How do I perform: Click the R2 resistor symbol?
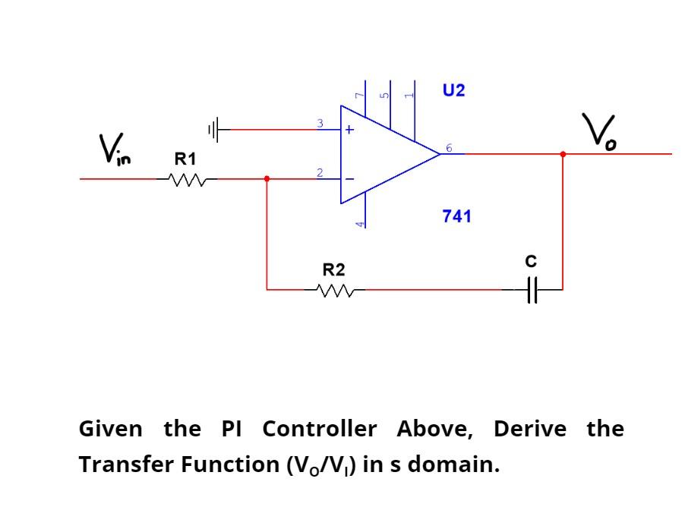coord(333,289)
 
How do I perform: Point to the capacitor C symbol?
coord(532,289)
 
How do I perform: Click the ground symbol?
coord(216,130)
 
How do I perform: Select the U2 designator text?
coord(453,91)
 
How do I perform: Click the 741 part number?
coord(456,216)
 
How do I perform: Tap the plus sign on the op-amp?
coord(349,130)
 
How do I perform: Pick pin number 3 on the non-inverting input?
coord(320,123)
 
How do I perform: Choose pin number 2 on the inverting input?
coord(320,174)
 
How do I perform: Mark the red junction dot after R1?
coord(266,179)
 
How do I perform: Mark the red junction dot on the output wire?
coord(563,154)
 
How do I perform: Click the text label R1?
coord(185,159)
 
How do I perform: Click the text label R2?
coord(333,269)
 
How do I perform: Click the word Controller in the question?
coord(319,429)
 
